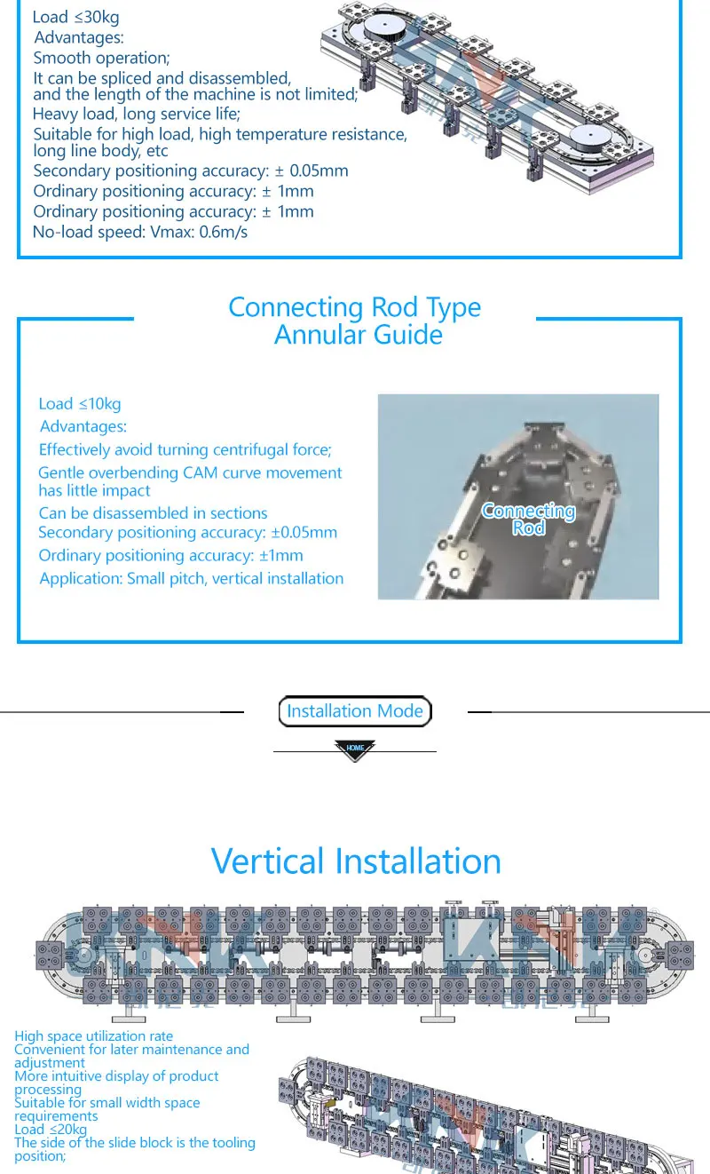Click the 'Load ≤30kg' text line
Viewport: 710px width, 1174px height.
[76, 17]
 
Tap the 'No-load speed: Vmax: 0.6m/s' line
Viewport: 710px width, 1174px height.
[140, 232]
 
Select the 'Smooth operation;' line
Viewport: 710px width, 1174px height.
[101, 58]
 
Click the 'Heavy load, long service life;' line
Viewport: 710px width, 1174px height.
[137, 114]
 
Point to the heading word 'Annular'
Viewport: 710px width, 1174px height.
[319, 335]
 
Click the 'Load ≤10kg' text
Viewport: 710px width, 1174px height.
[80, 404]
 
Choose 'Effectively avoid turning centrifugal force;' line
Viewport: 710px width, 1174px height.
[185, 449]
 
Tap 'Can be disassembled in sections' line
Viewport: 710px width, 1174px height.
[153, 513]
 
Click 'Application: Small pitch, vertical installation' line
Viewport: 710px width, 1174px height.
[192, 579]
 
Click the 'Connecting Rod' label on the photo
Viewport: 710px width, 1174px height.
[528, 519]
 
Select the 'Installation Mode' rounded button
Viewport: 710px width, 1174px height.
[355, 711]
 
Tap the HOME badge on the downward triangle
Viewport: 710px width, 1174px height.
[355, 748]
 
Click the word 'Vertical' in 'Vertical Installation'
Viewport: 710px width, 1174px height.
[267, 861]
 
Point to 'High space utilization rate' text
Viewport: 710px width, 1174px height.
[94, 1036]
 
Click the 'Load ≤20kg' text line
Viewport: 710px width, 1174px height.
[51, 1130]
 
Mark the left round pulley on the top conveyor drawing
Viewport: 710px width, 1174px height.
[385, 28]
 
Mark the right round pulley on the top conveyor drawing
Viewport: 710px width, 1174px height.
[589, 138]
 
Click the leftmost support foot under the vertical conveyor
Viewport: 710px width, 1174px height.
[129, 1013]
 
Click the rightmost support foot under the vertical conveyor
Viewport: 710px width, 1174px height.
[592, 1013]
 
